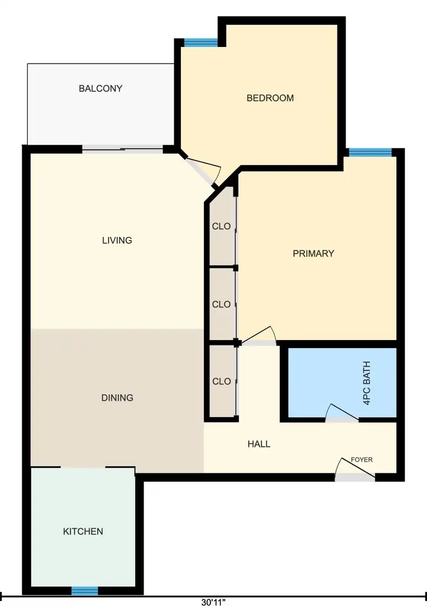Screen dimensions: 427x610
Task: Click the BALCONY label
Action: (100, 88)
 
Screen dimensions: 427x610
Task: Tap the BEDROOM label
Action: (270, 98)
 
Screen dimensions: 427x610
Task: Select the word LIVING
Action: (117, 240)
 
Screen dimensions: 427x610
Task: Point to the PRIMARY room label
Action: (313, 253)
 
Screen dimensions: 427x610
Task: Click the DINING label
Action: (117, 397)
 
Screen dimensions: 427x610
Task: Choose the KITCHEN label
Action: (83, 531)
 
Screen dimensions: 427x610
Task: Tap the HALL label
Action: (259, 443)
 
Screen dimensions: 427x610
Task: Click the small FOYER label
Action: (361, 460)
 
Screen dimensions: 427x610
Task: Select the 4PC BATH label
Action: (366, 383)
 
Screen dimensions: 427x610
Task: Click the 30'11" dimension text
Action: (213, 603)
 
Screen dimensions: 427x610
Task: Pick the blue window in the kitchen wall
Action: (84, 591)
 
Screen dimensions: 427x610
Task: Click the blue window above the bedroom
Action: (201, 43)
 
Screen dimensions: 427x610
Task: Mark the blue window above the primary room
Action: (370, 153)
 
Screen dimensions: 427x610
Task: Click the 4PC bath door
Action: (342, 413)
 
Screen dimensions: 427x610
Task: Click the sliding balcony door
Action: (123, 148)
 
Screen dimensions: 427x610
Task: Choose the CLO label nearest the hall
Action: (222, 381)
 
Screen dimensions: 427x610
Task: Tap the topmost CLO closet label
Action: (221, 226)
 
